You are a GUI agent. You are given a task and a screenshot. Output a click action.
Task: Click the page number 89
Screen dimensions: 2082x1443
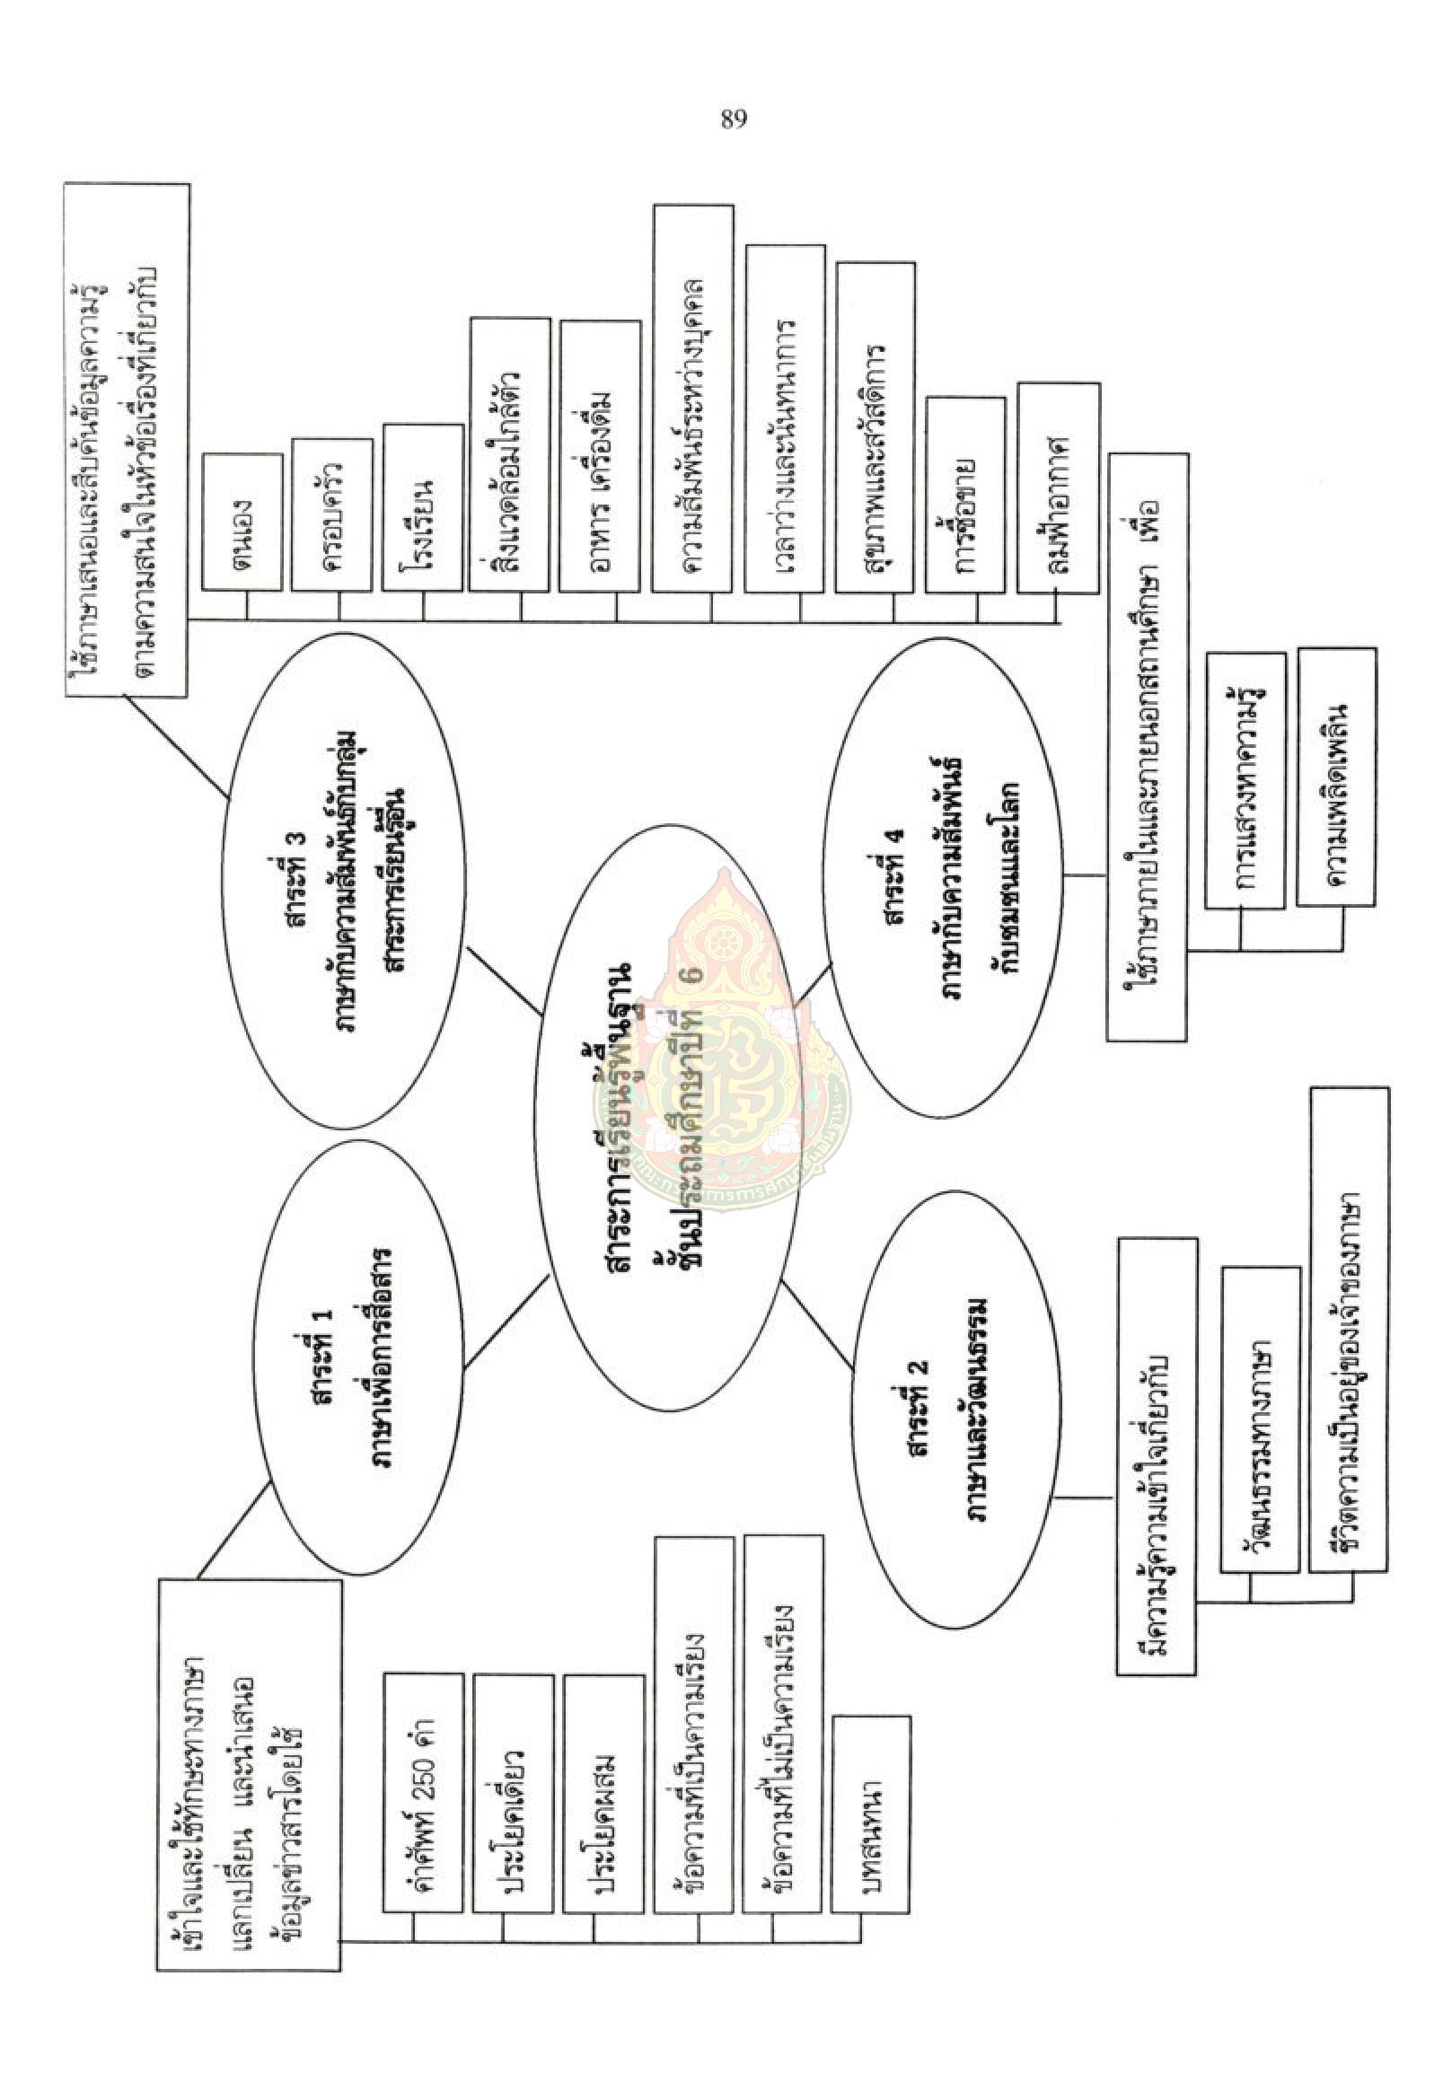pos(734,119)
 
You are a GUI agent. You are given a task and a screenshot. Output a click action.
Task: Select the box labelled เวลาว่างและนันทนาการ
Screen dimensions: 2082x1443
pos(785,418)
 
